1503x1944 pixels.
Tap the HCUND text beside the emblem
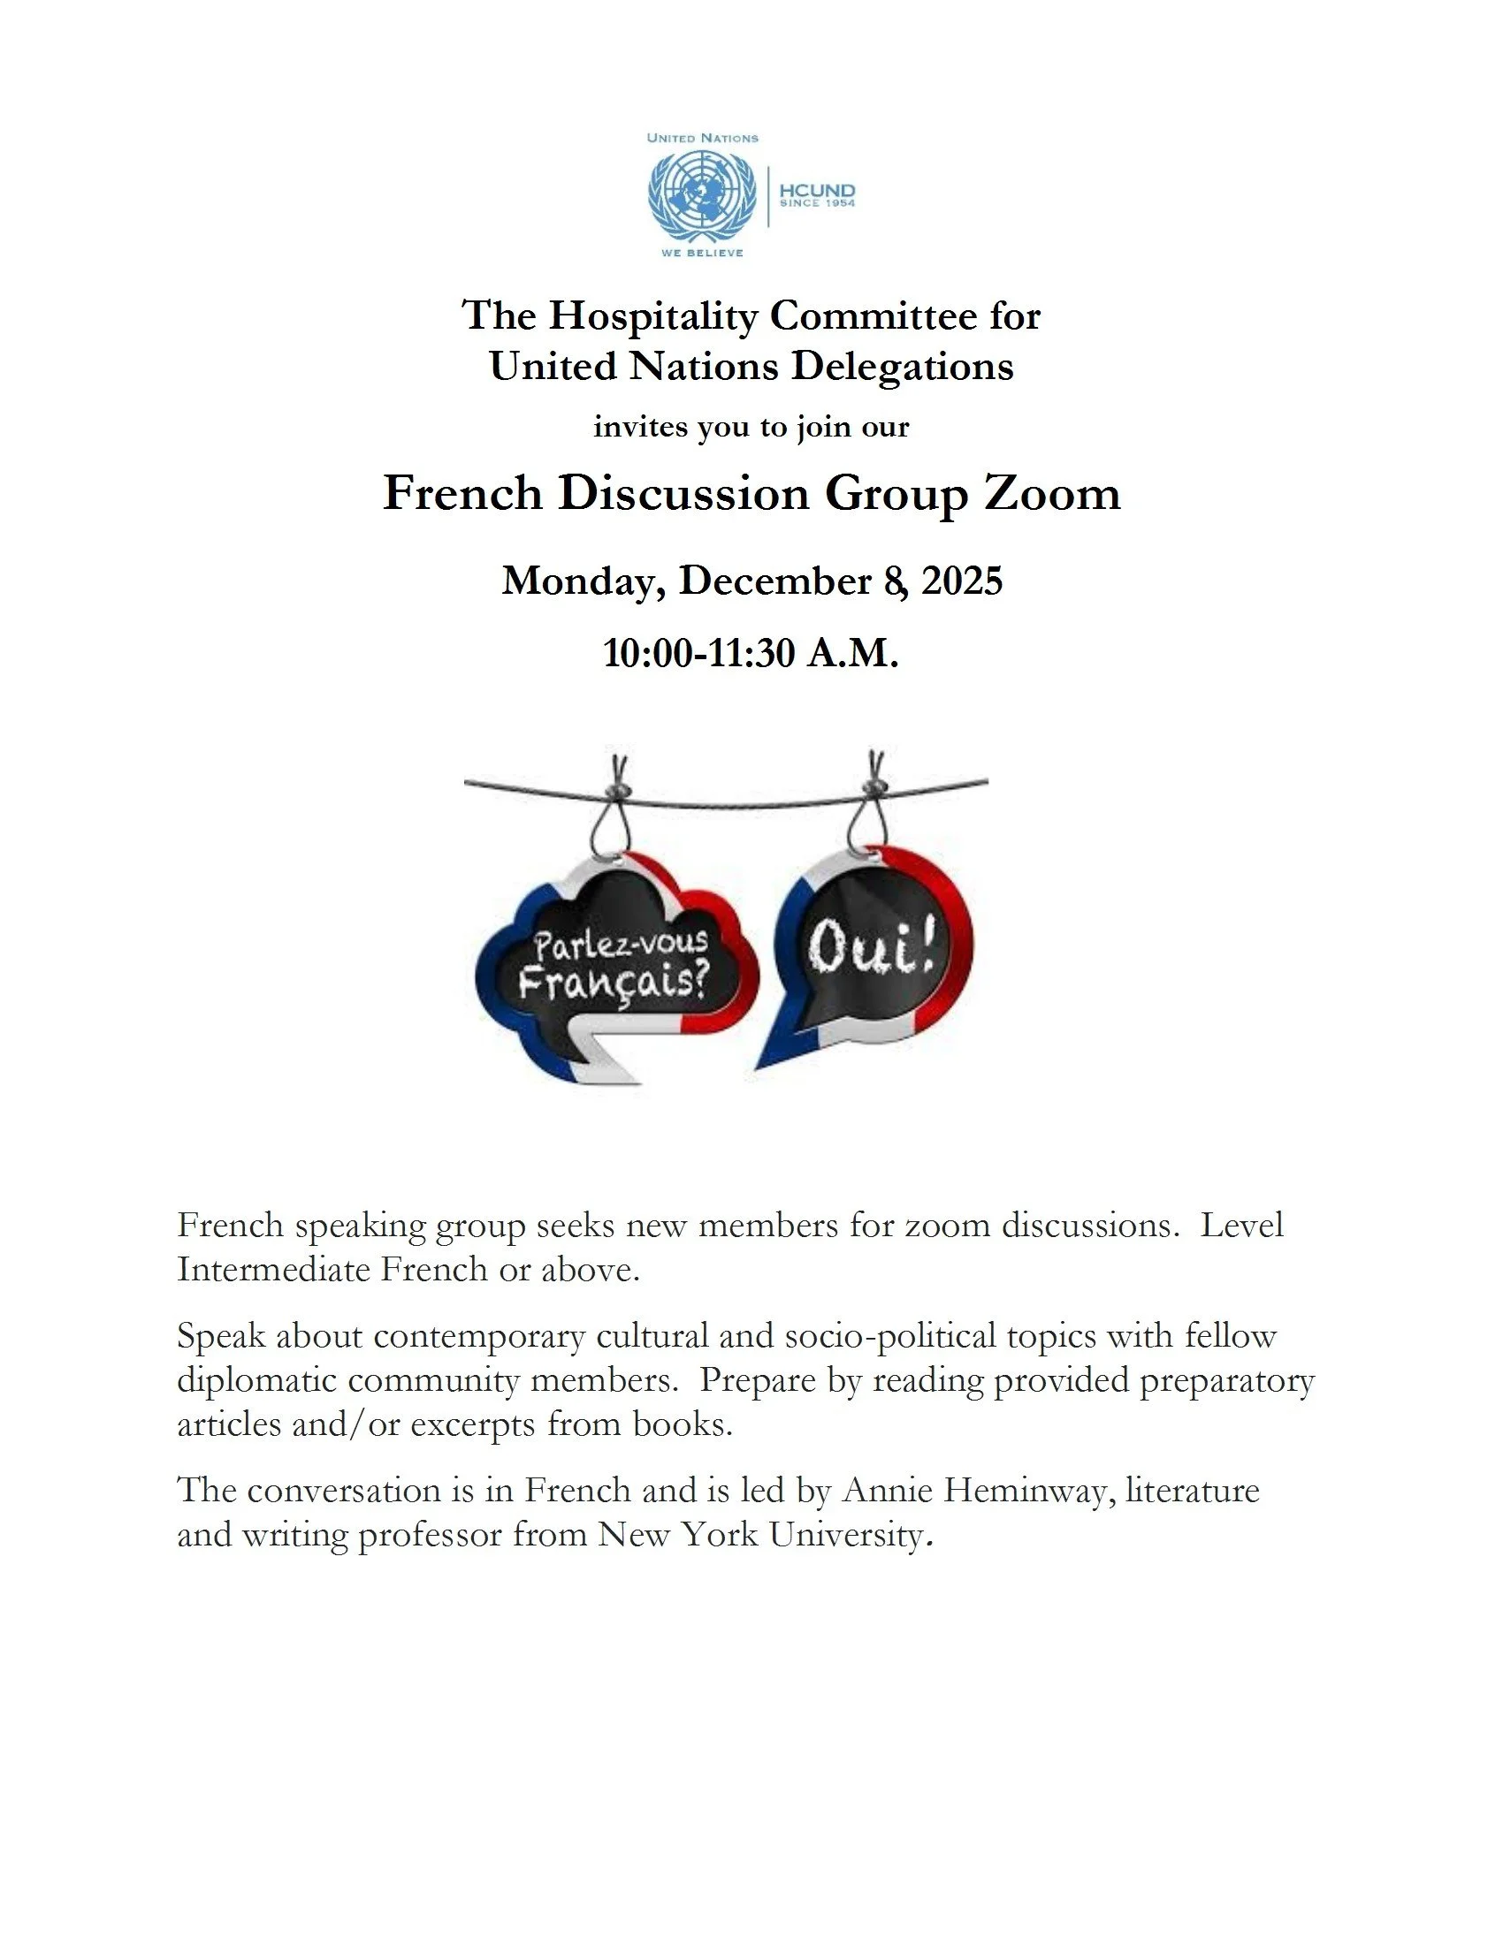pyautogui.click(x=817, y=191)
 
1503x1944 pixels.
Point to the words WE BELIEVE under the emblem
pyautogui.click(x=702, y=253)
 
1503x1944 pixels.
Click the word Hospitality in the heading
pyautogui.click(x=652, y=316)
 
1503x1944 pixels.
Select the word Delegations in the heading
pyautogui.click(x=902, y=366)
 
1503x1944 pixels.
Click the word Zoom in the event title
pyautogui.click(x=1051, y=493)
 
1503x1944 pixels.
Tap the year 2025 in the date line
pyautogui.click(x=962, y=581)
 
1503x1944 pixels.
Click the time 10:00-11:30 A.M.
pyautogui.click(x=751, y=652)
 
